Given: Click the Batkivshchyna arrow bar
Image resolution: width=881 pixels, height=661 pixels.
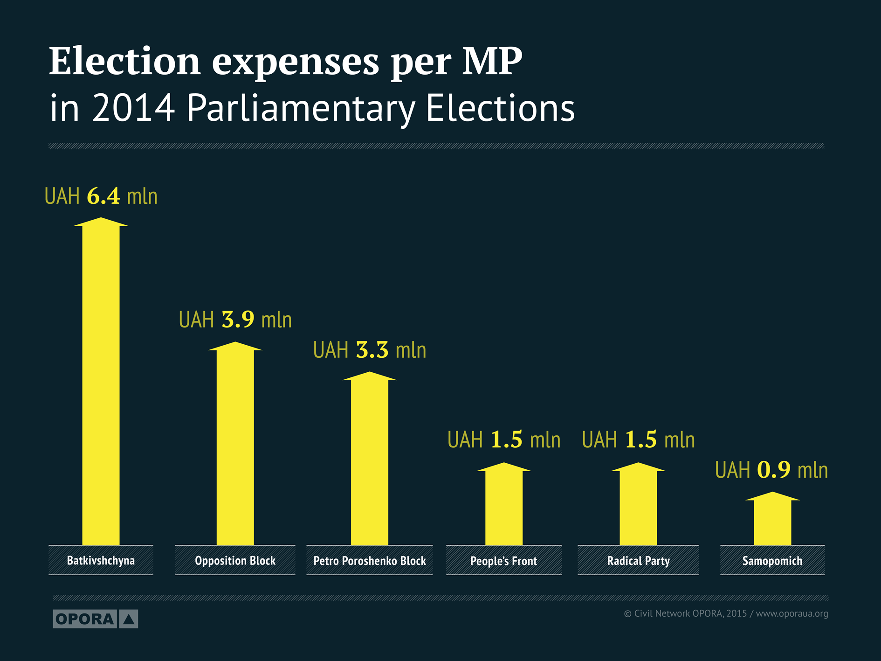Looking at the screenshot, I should pyautogui.click(x=101, y=383).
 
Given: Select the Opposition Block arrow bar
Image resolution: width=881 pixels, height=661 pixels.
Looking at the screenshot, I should pyautogui.click(x=235, y=443).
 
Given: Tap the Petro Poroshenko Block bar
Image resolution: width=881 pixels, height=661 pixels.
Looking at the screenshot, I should pyautogui.click(x=369, y=459).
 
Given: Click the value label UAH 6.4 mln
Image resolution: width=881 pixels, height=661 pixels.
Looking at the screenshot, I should pyautogui.click(x=101, y=196).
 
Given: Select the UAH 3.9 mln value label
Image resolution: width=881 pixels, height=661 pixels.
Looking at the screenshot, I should pyautogui.click(x=235, y=320).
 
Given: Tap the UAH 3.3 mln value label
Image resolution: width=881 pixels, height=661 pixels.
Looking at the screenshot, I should pyautogui.click(x=369, y=350).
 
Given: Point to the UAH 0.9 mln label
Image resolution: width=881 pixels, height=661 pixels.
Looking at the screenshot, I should pyautogui.click(x=771, y=470).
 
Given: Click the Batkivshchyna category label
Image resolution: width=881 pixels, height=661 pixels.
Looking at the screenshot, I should pyautogui.click(x=101, y=560).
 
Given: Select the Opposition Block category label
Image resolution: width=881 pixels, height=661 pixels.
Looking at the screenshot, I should pyautogui.click(x=235, y=560).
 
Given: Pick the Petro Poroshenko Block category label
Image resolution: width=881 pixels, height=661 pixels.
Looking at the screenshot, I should pyautogui.click(x=369, y=560).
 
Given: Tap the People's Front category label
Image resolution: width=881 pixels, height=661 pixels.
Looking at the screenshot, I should pyautogui.click(x=503, y=561).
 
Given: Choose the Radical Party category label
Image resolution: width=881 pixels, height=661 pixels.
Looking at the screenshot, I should pyautogui.click(x=638, y=561).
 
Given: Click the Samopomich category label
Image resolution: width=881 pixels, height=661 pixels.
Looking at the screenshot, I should pyautogui.click(x=772, y=561).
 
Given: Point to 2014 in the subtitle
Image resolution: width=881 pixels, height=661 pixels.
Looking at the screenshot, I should pyautogui.click(x=133, y=108).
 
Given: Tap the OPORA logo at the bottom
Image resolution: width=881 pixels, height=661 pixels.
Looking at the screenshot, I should pyautogui.click(x=95, y=619).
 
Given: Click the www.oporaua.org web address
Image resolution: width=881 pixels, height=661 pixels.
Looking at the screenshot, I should pyautogui.click(x=792, y=613).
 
